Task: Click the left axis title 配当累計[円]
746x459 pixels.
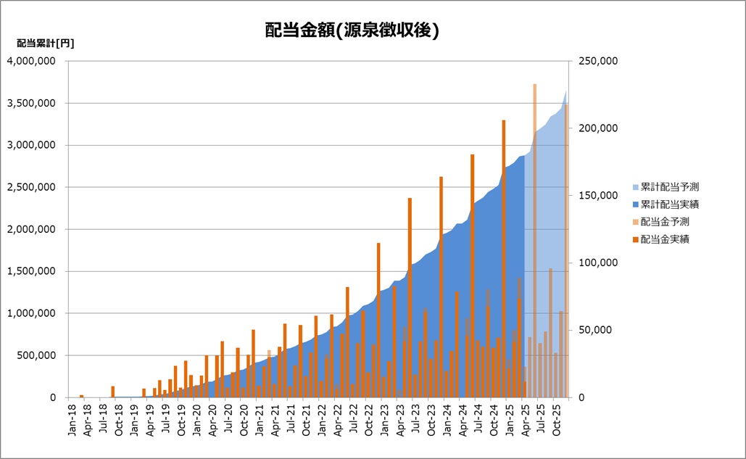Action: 45,43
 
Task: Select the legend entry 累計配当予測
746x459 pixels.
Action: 669,187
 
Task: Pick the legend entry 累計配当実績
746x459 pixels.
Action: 669,204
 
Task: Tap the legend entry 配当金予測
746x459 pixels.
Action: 664,222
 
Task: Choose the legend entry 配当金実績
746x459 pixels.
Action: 664,239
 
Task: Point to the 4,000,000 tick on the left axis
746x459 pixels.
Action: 32,61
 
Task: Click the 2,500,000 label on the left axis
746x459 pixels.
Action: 32,187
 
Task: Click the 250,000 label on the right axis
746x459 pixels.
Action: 597,61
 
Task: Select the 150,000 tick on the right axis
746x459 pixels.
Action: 597,196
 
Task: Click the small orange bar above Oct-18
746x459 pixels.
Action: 113,392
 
